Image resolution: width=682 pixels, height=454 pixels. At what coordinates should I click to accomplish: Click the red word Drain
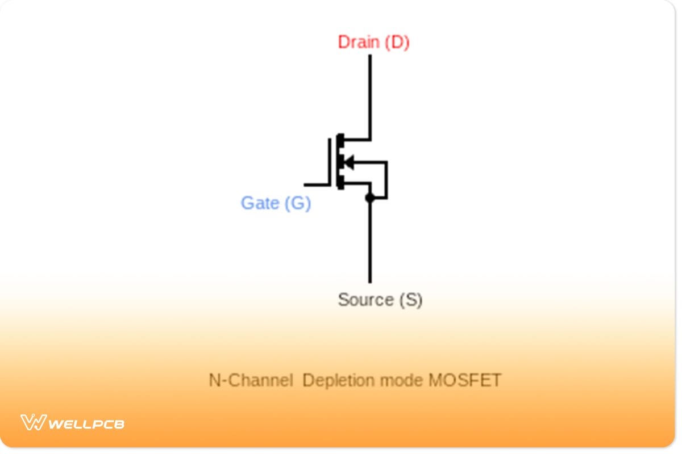coord(359,43)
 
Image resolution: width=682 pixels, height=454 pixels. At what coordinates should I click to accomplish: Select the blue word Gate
coord(260,203)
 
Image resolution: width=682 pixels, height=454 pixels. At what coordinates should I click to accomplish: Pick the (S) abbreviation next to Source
coord(410,300)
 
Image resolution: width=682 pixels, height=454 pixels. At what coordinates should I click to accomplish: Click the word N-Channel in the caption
coord(251,380)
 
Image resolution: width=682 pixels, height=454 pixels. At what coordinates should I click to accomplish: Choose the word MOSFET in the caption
coord(464,380)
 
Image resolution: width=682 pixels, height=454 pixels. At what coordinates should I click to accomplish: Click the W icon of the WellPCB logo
coord(33,422)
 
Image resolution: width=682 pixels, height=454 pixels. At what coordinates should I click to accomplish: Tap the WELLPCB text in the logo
coord(86,423)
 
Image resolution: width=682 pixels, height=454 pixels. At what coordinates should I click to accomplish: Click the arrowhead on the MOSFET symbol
coord(348,162)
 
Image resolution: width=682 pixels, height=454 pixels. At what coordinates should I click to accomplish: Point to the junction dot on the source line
coord(370,198)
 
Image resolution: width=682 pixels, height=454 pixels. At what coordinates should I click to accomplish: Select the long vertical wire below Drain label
coord(370,96)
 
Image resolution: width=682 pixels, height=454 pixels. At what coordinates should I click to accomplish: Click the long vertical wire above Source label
coord(370,244)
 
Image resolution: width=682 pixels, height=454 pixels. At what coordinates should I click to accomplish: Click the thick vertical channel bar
coord(340,162)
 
